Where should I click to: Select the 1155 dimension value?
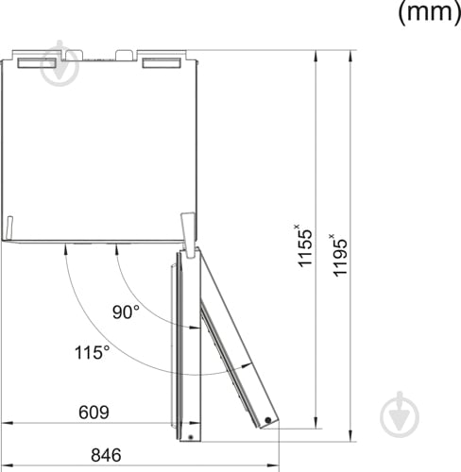[x=305, y=246]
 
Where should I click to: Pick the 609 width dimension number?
[x=93, y=413]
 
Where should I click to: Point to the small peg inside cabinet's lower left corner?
[x=9, y=228]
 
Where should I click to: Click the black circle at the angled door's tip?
[x=269, y=419]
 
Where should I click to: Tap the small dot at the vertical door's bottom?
[x=190, y=436]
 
